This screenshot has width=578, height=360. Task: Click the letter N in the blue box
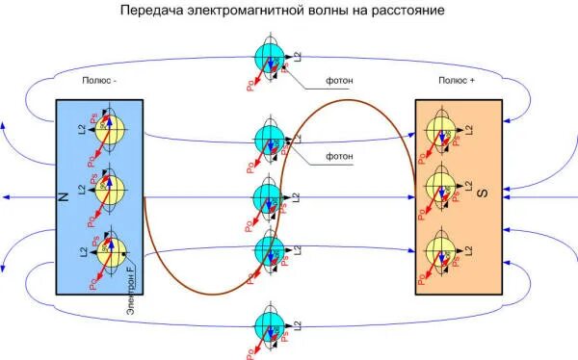click(x=64, y=196)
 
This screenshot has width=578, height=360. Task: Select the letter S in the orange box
click(x=485, y=193)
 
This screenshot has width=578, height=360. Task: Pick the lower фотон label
click(x=337, y=155)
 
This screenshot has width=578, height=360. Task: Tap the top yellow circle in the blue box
click(x=108, y=132)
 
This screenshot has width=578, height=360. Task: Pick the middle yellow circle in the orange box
click(x=441, y=185)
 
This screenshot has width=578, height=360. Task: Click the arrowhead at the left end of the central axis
click(x=6, y=196)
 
